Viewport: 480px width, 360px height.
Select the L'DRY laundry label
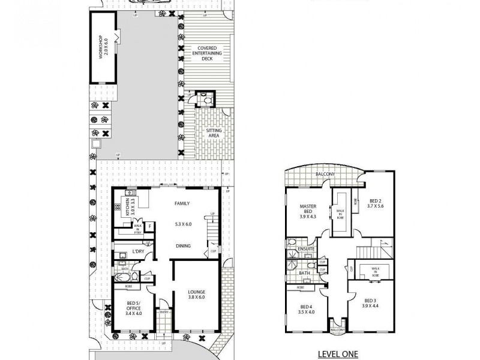click(139, 251)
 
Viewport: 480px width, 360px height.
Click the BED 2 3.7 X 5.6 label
click(375, 203)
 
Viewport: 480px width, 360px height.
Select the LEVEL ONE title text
click(338, 354)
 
